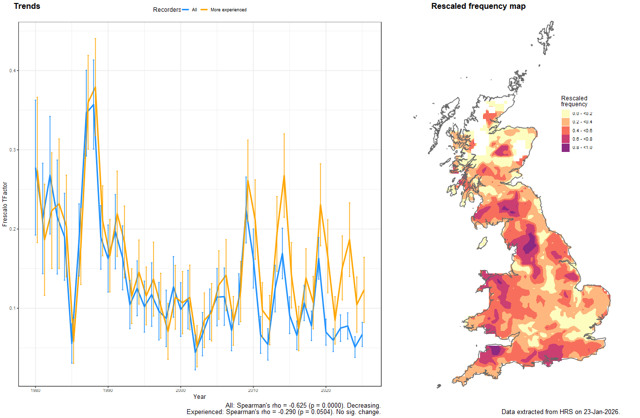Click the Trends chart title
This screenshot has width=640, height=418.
[27, 6]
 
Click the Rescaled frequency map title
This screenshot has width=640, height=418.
[478, 6]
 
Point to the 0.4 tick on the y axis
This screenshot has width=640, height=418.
[13, 71]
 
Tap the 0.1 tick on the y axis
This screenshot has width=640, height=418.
[13, 308]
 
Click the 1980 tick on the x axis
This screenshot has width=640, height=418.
[35, 390]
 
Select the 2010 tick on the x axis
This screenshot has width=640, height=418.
[253, 390]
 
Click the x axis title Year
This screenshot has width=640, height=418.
[199, 396]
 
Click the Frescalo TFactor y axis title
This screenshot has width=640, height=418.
[5, 204]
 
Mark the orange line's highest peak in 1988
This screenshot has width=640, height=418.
[95, 87]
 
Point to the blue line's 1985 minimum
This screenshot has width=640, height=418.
[72, 343]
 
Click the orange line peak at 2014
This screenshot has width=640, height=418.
[284, 176]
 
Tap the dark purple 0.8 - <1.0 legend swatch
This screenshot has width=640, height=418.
[566, 148]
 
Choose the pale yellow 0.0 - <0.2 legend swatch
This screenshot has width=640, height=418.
[566, 114]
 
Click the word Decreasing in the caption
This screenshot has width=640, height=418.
[364, 405]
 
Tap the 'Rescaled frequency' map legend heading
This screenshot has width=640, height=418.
[574, 101]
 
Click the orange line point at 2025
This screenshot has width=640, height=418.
[363, 290]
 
